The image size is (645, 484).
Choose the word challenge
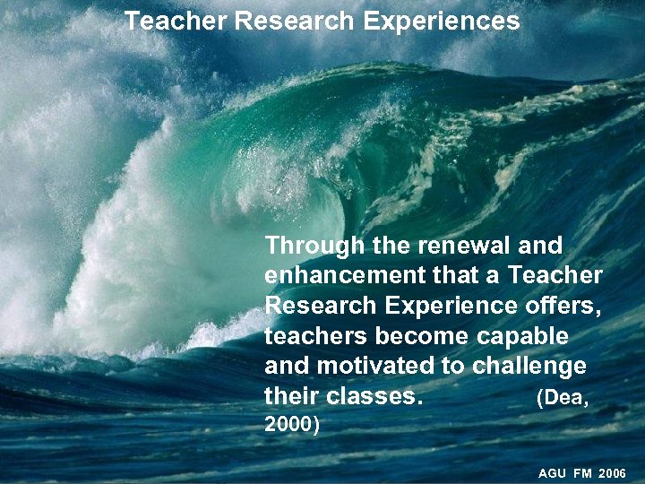(x=529, y=367)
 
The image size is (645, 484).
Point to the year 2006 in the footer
(x=613, y=472)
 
